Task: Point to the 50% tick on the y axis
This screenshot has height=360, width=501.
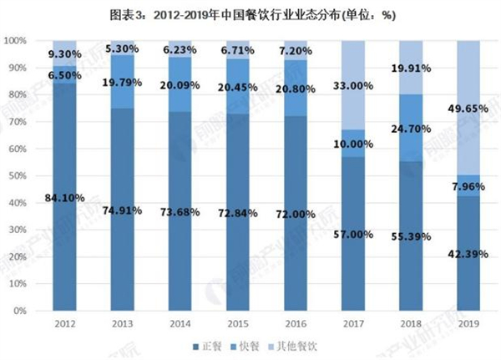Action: coord(18,176)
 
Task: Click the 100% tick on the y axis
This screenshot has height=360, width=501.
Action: coord(16,40)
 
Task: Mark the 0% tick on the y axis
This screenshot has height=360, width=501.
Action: coord(21,311)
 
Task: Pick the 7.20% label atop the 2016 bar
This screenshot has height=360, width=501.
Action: coord(296,52)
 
